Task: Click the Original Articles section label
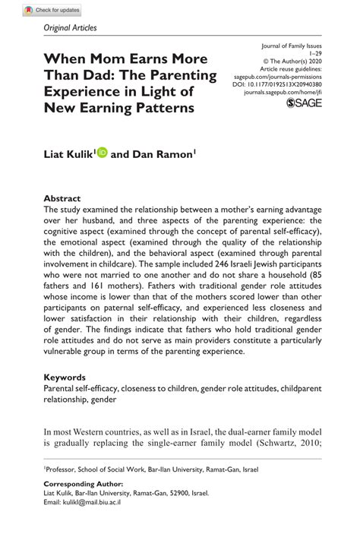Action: click(71, 29)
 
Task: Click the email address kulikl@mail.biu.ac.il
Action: click(83, 503)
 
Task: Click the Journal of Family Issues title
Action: click(292, 46)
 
